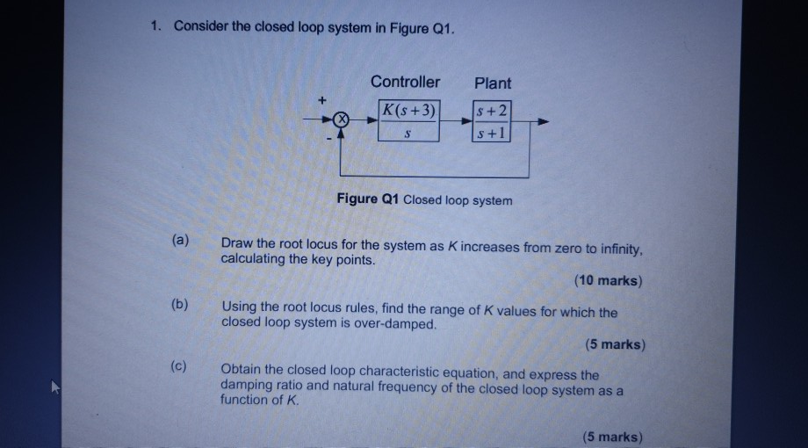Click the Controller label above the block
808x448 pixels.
(x=405, y=82)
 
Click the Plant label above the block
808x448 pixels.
(x=492, y=83)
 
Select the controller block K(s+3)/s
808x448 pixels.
(x=408, y=121)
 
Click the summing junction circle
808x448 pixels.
(x=343, y=119)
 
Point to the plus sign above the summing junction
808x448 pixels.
(x=321, y=102)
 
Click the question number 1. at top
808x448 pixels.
(x=155, y=26)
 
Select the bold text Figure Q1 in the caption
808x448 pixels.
(x=367, y=199)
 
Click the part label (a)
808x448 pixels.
(x=180, y=240)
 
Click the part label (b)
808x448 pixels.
(x=180, y=304)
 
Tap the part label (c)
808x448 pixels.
(x=180, y=366)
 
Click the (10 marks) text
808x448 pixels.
(x=608, y=281)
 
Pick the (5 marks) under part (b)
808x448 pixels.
(x=614, y=344)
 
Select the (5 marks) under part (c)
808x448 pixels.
(x=611, y=437)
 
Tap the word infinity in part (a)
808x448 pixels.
(x=619, y=248)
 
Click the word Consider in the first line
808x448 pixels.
(x=201, y=26)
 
